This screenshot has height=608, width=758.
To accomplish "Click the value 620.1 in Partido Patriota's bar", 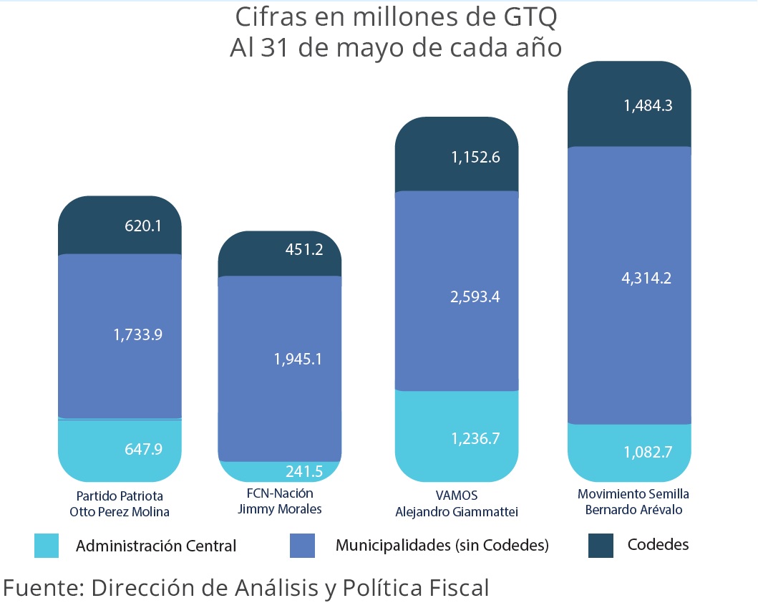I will click(143, 226).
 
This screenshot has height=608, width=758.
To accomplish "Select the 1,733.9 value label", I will click(138, 334).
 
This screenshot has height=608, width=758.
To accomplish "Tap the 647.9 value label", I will click(143, 449).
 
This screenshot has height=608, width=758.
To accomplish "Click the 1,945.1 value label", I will click(298, 359).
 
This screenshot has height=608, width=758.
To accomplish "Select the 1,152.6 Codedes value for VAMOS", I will click(475, 158).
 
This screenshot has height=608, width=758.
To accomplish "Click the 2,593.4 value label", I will click(475, 296).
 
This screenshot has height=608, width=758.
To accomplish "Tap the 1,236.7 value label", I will click(475, 438).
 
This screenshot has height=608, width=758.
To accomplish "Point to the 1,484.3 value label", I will click(647, 105).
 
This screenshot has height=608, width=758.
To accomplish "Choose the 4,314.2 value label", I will click(647, 279).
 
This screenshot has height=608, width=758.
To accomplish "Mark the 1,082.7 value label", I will click(647, 452).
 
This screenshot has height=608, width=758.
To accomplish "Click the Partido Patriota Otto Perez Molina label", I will click(120, 503).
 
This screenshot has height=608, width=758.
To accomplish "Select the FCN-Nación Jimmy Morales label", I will click(279, 501).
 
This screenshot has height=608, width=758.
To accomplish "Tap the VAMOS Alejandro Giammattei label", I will click(456, 503).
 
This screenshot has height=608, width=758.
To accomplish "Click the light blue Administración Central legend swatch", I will click(47, 546).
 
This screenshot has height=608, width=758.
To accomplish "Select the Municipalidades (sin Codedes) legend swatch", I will click(302, 546).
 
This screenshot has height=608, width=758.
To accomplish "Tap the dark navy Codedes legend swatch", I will click(601, 545).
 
